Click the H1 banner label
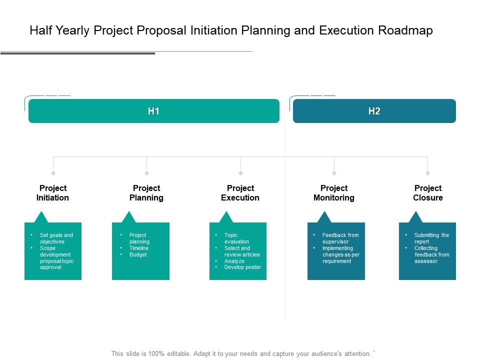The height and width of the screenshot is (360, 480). point(153,111)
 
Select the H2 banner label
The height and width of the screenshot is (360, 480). point(374,111)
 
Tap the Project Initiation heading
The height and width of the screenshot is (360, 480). point(53,193)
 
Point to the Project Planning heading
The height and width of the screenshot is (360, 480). point(146,193)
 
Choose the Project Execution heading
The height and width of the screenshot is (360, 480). point(240,193)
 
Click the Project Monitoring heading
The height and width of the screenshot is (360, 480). point(334,193)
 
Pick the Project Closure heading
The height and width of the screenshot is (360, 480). point(428,193)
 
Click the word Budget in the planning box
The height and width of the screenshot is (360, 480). point(138,254)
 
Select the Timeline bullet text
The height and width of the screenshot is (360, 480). point(139,248)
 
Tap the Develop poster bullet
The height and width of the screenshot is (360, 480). point(242,267)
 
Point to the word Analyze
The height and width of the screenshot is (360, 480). point(234,261)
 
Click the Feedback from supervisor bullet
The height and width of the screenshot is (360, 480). point(340,238)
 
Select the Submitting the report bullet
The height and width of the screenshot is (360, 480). point(431,238)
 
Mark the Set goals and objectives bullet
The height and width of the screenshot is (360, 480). point(56,238)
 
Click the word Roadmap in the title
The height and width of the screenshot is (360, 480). point(405,30)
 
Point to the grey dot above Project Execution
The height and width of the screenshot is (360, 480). point(240,173)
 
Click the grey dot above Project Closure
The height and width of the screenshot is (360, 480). point(427,173)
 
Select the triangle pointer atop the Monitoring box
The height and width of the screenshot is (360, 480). point(324,217)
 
